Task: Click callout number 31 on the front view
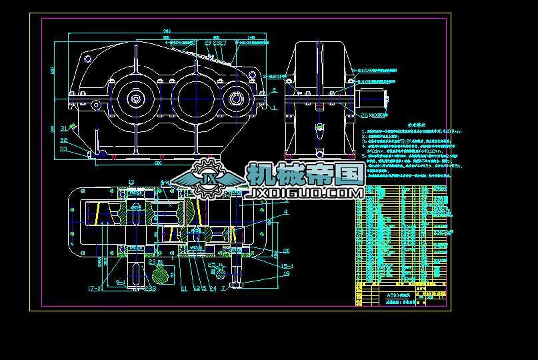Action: (x=64, y=128)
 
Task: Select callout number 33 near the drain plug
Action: (x=64, y=149)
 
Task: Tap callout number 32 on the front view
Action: (x=64, y=140)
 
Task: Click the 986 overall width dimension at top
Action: (x=167, y=31)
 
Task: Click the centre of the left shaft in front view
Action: (x=136, y=99)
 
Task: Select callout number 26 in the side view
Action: (x=364, y=115)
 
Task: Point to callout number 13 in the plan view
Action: (x=131, y=181)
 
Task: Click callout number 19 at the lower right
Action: (x=287, y=273)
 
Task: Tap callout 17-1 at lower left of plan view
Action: (x=93, y=288)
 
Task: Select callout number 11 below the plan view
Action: (x=184, y=288)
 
